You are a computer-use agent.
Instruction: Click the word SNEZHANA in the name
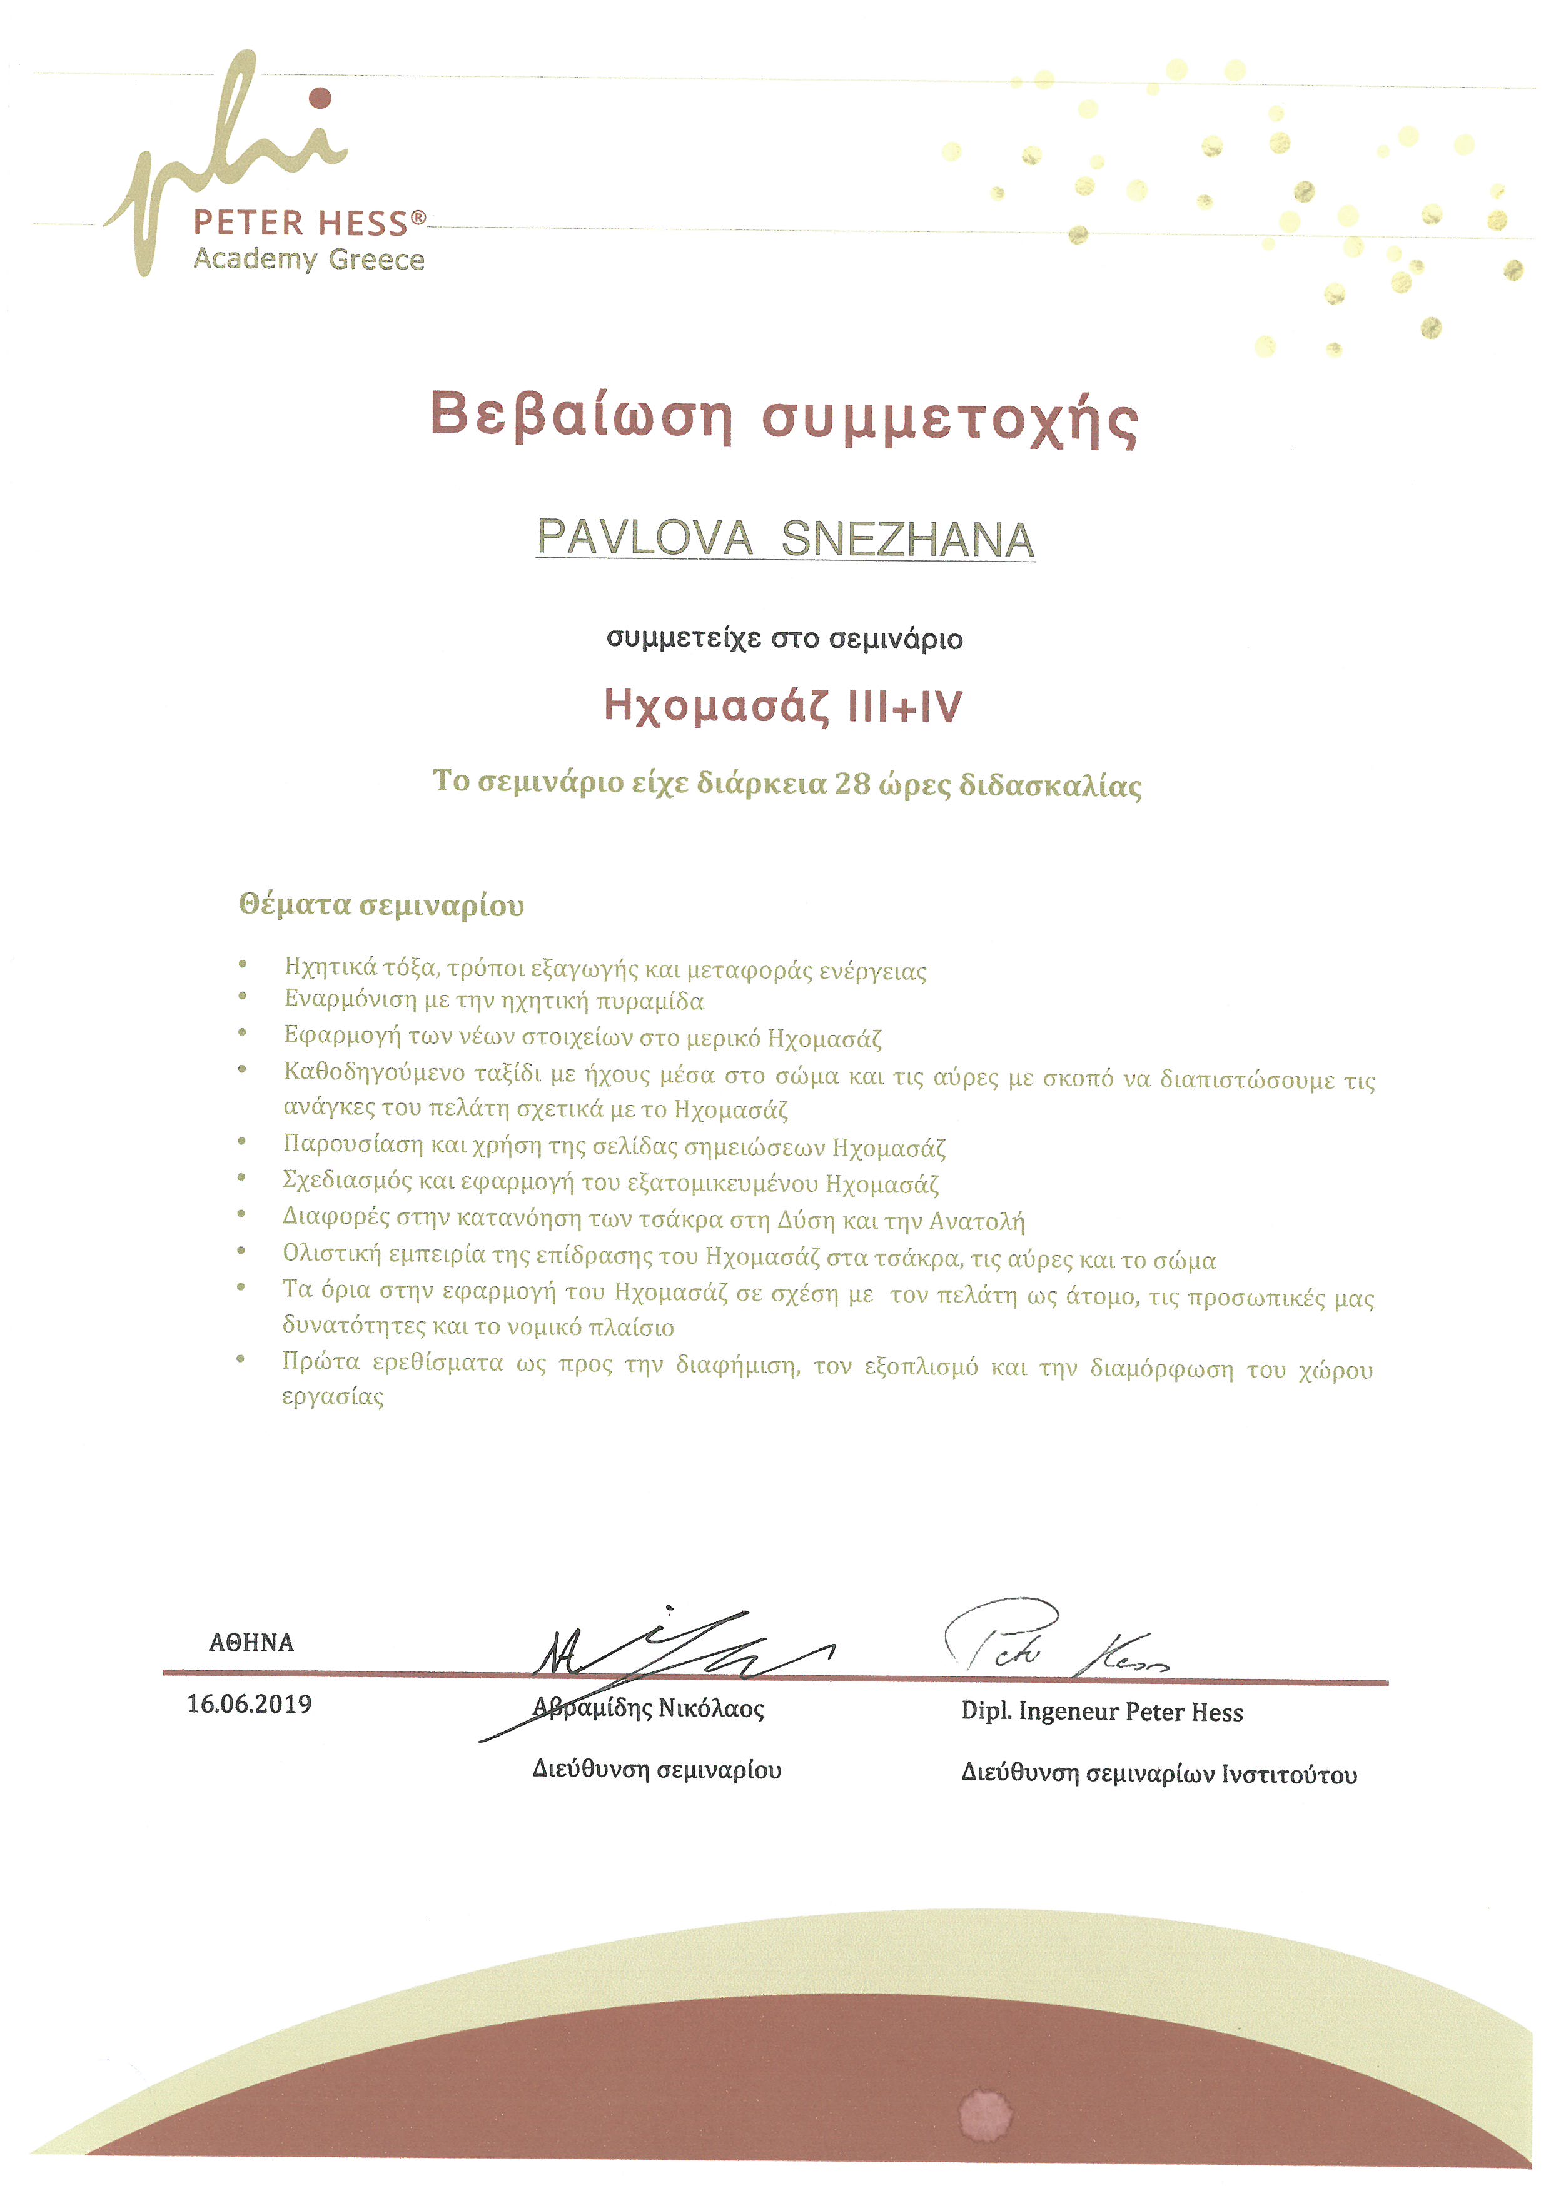click(907, 541)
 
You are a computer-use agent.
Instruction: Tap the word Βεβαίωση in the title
click(580, 416)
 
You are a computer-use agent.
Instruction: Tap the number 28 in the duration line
click(851, 784)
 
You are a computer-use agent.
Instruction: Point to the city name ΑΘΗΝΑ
click(251, 1643)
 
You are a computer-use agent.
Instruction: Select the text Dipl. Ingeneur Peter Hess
click(1101, 1712)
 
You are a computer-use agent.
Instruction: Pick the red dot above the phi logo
click(321, 98)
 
